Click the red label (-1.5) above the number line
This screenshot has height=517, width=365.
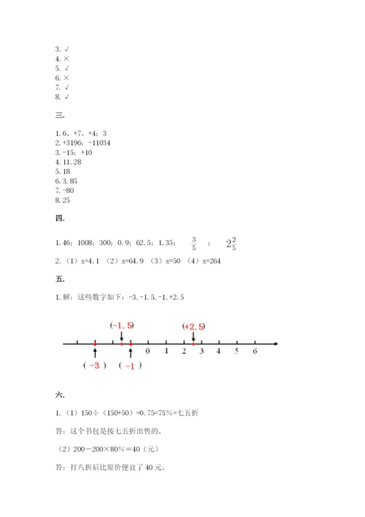pos(122,325)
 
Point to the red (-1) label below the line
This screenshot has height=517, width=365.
pos(130,366)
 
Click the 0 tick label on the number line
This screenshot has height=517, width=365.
pos(147,352)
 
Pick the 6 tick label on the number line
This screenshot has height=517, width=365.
pos(255,352)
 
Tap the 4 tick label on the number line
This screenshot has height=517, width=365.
pos(219,352)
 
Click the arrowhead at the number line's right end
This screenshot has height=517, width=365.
pos(276,342)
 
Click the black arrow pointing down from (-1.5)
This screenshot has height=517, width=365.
pos(122,336)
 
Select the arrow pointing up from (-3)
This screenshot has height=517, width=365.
pos(95,354)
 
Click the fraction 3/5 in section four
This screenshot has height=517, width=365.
pos(193,243)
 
